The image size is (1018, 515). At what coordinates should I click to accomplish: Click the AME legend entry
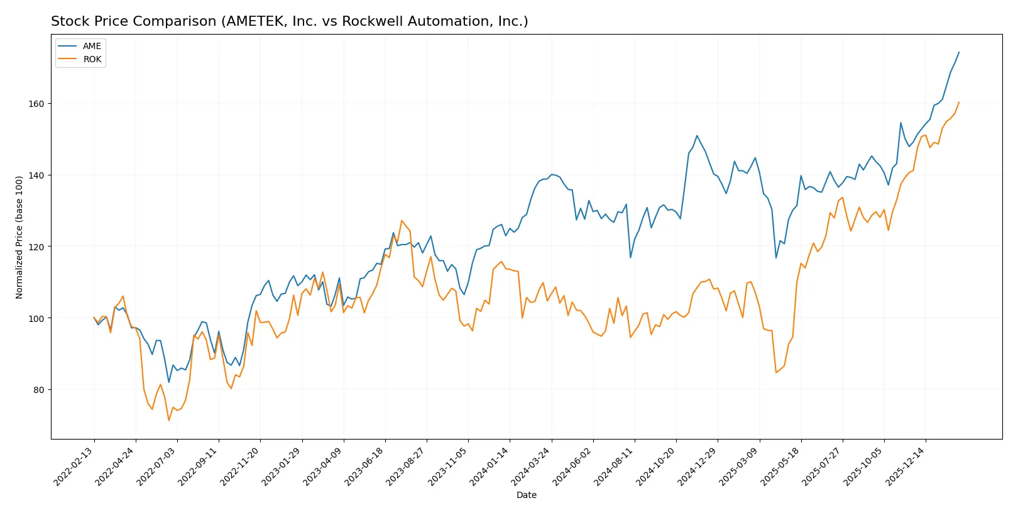point(91,46)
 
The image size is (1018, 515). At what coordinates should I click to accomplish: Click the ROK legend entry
point(92,59)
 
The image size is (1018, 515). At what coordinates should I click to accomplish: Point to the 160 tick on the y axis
point(36,104)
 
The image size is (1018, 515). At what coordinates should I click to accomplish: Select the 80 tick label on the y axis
point(38,390)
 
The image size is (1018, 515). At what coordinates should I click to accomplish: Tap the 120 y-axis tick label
point(36,247)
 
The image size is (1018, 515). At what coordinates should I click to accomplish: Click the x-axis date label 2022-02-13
point(74,467)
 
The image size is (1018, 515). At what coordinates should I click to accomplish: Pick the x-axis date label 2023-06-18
point(365,467)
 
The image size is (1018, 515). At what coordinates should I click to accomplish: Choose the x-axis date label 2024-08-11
point(615,467)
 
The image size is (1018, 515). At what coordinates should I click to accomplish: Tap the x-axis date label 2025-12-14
point(906,467)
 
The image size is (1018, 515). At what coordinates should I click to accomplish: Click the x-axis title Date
point(526,495)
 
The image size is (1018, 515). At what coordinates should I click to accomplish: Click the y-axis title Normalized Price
point(19,237)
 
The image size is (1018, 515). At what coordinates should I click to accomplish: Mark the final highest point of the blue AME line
point(959,52)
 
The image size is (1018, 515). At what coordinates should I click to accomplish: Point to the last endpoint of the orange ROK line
point(959,102)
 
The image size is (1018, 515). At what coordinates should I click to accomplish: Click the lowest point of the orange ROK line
point(168,420)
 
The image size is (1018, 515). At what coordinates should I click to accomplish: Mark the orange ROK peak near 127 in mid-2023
point(402,221)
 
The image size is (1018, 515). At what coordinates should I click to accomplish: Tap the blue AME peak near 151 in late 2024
point(697,135)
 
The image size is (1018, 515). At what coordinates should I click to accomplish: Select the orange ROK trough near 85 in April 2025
point(776,372)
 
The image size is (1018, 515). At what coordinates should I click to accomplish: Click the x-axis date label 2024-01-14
point(490,467)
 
